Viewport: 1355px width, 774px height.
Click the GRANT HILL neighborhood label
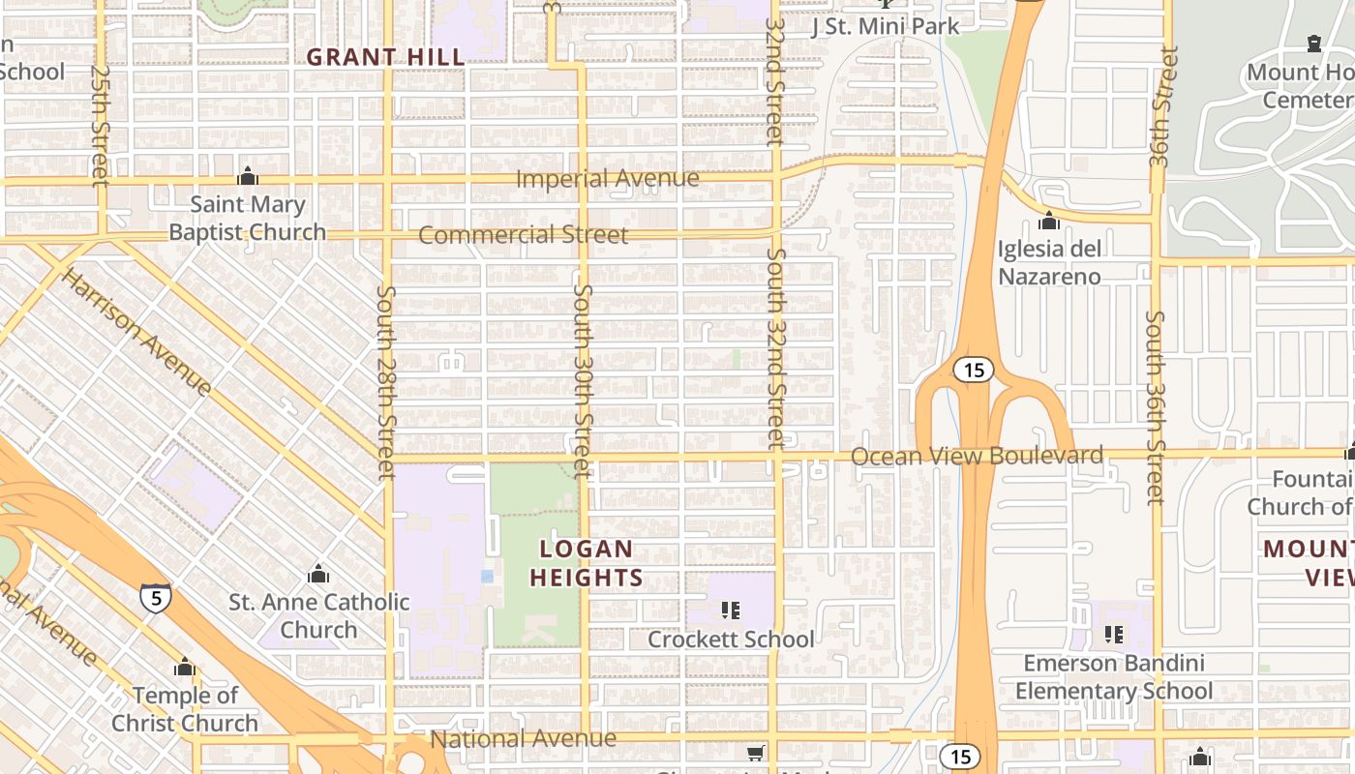pyautogui.click(x=386, y=57)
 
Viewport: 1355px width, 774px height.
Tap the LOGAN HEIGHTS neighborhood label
pyautogui.click(x=587, y=563)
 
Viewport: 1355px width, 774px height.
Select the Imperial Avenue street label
pyautogui.click(x=607, y=179)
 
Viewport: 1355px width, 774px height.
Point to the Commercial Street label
pyautogui.click(x=523, y=235)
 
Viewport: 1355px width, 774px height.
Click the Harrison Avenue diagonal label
pyautogui.click(x=136, y=332)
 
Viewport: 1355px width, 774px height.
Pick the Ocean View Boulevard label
pyautogui.click(x=977, y=456)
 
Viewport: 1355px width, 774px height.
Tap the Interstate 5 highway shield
pyautogui.click(x=155, y=596)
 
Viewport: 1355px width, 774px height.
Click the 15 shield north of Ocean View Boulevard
pyautogui.click(x=974, y=370)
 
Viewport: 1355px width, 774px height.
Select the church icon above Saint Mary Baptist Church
pyautogui.click(x=248, y=176)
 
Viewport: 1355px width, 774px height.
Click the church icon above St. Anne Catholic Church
pyautogui.click(x=318, y=574)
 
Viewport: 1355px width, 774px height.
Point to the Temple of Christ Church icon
pyautogui.click(x=185, y=668)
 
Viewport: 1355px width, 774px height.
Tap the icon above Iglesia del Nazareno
pyautogui.click(x=1049, y=222)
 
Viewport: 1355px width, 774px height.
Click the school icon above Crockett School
pyautogui.click(x=731, y=610)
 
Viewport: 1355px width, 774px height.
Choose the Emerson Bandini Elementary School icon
pyautogui.click(x=1113, y=635)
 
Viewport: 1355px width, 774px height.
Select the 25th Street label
pyautogui.click(x=99, y=126)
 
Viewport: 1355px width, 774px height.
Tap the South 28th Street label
pyautogui.click(x=386, y=382)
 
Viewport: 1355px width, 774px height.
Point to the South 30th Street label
pyautogui.click(x=582, y=379)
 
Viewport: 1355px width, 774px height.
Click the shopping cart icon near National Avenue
pyautogui.click(x=756, y=752)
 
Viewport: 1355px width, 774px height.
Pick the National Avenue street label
pyautogui.click(x=523, y=739)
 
